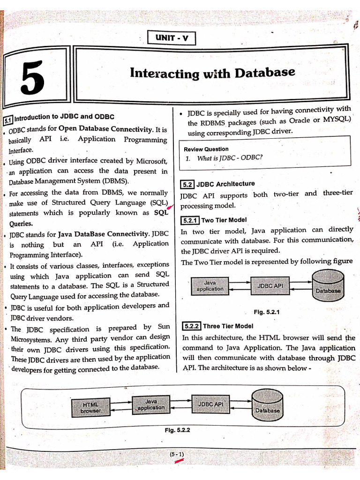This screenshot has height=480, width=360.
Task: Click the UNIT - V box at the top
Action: [x=171, y=37]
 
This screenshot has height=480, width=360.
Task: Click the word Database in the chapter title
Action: [x=265, y=73]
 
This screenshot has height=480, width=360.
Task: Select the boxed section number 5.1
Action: [x=8, y=120]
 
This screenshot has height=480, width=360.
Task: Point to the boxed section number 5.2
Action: [x=187, y=184]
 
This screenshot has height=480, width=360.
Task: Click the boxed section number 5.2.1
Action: [x=190, y=220]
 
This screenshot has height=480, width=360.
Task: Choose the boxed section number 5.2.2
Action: [x=191, y=326]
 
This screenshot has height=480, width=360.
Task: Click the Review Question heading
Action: [x=206, y=149]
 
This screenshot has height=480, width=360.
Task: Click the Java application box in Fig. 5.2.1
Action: [x=210, y=285]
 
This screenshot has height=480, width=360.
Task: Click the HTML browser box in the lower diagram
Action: [x=90, y=407]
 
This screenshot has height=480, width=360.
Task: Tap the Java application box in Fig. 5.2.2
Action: [x=151, y=405]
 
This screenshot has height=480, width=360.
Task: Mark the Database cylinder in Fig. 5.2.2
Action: [x=267, y=406]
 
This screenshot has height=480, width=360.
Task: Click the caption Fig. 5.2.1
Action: [x=267, y=312]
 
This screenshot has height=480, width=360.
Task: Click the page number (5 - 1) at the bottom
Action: [x=177, y=454]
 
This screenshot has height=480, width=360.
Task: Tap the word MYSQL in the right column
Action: [x=337, y=119]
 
